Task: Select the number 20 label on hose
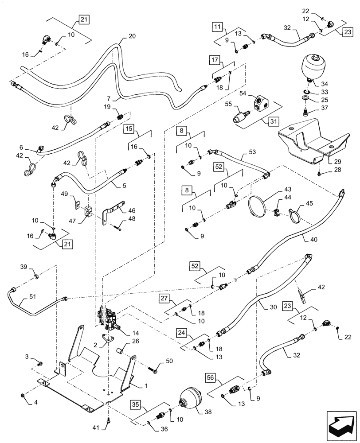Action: tap(132, 37)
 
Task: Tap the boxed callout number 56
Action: tap(211, 377)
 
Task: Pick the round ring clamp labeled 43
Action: tap(258, 207)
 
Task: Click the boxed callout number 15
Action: tap(128, 129)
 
